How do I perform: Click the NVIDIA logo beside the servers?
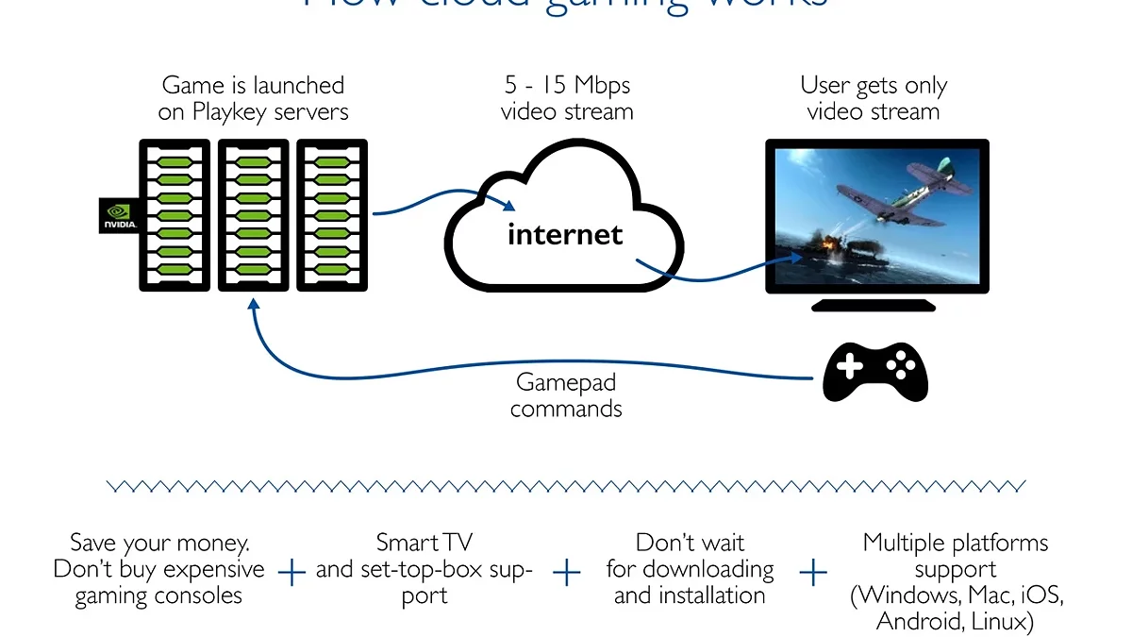point(120,216)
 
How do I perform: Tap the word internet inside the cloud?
point(565,234)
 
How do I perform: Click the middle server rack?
point(253,215)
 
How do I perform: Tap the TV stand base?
point(874,305)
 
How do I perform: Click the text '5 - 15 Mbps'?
point(567,86)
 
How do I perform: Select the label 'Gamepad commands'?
point(566,395)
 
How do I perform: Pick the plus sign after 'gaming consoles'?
point(293,572)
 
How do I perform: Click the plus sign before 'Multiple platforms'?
point(813,572)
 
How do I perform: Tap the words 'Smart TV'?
point(424,543)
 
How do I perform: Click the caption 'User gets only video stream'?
point(874,98)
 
